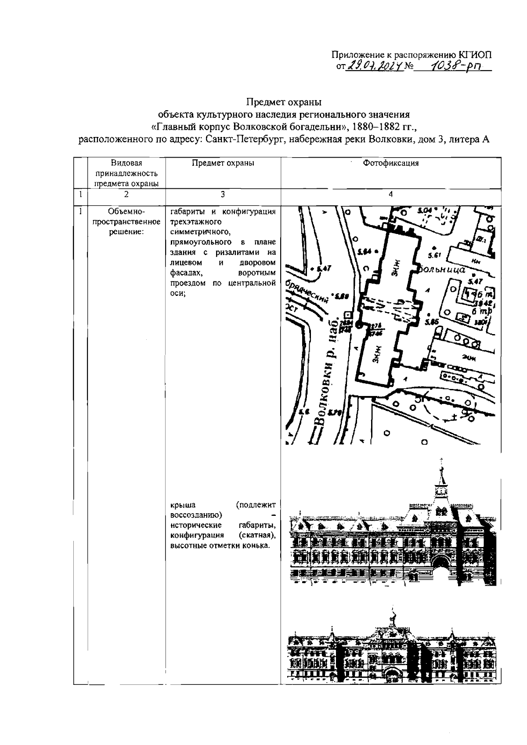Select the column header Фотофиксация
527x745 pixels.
[x=390, y=163]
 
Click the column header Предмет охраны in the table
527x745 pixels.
[x=223, y=163]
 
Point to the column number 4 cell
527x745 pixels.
[x=390, y=194]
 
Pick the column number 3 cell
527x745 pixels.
[x=223, y=194]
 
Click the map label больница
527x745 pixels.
[x=442, y=270]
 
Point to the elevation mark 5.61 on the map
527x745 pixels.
[x=434, y=256]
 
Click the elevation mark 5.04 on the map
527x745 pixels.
[x=425, y=211]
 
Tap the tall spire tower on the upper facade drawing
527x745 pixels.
[x=441, y=483]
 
